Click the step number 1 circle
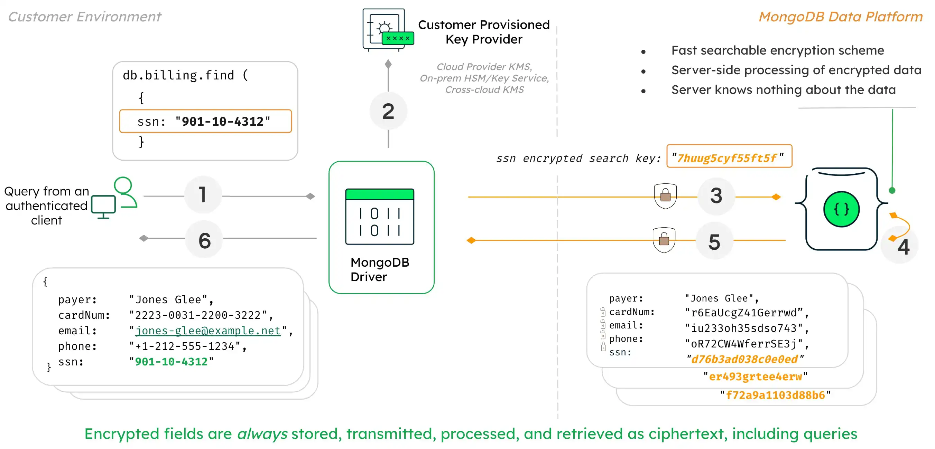coord(203,195)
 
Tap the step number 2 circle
coord(388,111)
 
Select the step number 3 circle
coord(716,196)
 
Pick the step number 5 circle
coord(714,241)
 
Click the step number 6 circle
coord(204,240)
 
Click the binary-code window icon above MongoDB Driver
coord(380,217)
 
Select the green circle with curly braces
coord(841,209)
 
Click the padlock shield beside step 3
coord(665,196)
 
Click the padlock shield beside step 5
coord(664,240)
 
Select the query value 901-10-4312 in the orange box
coord(222,122)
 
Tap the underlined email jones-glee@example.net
coord(208,331)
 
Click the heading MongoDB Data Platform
coord(840,17)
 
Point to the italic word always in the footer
coord(262,434)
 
